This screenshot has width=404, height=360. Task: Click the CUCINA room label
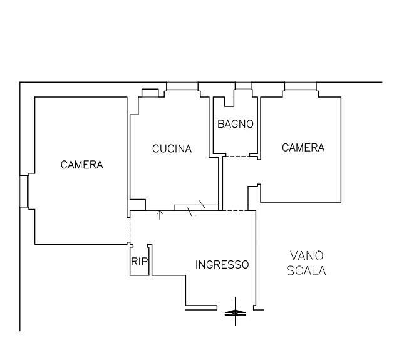172,149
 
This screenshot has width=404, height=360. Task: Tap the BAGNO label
236,124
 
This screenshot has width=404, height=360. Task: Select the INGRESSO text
222,265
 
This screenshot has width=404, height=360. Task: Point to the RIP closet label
138,263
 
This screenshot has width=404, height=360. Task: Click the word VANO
306,255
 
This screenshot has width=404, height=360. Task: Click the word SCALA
306,271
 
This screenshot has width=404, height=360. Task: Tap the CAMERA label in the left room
81,165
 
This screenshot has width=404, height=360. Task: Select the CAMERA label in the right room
303,148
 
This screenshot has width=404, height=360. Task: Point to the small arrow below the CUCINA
159,215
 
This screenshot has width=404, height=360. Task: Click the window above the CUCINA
182,86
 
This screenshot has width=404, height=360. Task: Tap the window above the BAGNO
242,86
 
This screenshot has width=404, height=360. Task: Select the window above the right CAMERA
301,86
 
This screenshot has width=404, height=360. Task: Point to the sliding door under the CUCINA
196,207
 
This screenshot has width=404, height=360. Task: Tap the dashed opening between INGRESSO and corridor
236,210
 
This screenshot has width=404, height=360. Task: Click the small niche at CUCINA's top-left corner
149,93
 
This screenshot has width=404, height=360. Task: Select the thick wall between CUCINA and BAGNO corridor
220,182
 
